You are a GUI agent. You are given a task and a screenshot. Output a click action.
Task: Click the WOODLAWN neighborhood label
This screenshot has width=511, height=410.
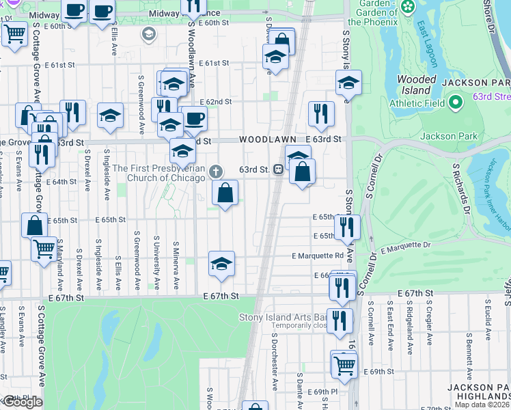point(268,139)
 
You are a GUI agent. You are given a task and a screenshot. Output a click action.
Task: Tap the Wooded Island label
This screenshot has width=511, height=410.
point(417,85)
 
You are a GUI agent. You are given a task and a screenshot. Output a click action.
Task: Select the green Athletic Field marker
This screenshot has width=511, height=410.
point(457,104)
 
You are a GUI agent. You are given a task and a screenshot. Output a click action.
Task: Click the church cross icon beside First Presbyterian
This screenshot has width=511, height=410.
point(216,170)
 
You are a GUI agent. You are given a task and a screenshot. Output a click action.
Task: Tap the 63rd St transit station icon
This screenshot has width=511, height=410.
point(279,169)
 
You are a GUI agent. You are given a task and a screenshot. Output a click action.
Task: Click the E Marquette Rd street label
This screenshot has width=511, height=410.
point(317,256)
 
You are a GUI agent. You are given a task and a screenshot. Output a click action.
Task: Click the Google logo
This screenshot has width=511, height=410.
point(22,402)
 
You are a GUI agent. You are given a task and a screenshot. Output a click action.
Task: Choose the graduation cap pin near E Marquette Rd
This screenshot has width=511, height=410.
point(221,264)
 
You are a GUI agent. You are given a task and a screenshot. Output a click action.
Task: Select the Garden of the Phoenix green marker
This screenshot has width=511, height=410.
point(409,7)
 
